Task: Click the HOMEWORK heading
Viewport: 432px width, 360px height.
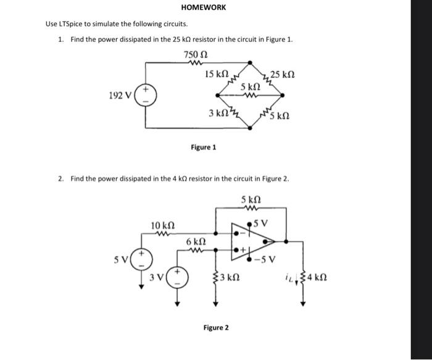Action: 204,7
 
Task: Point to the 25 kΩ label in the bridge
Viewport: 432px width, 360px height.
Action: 283,75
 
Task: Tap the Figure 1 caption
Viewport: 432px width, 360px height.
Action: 203,148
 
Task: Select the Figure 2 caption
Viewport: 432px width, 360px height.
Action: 215,327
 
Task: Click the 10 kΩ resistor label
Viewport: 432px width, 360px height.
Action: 162,226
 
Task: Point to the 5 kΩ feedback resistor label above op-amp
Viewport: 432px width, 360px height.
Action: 251,199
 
